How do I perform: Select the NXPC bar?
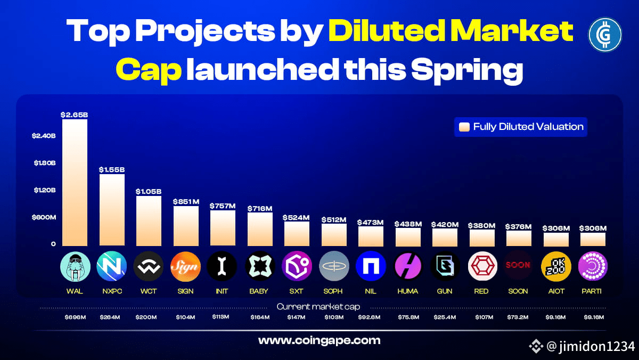pos(112,210)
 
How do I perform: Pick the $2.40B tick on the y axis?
pos(44,136)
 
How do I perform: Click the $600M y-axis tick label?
pos(44,217)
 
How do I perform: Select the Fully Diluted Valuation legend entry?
pos(521,127)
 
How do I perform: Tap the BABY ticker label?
pos(259,291)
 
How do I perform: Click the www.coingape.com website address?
pos(319,340)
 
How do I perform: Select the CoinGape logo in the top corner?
pos(605,35)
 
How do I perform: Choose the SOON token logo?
pos(518,266)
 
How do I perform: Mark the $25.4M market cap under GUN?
pos(445,317)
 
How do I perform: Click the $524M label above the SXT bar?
pos(297,217)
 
